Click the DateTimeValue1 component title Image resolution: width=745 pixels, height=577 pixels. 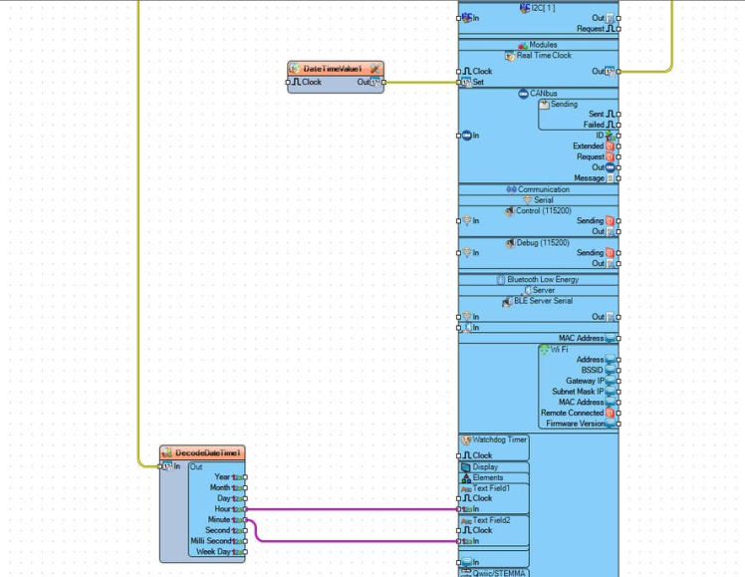coord(333,68)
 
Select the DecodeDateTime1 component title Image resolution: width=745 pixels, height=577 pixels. coord(208,453)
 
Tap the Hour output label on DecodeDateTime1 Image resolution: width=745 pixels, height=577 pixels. coord(222,509)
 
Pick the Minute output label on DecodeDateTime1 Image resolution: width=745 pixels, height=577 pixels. coord(219,520)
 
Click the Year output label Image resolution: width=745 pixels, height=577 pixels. coord(222,477)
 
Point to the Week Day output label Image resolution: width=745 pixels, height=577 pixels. coord(213,551)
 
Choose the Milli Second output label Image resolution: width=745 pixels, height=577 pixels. coord(210,541)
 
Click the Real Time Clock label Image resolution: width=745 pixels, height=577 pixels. coord(543,57)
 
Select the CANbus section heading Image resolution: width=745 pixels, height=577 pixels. coord(543,94)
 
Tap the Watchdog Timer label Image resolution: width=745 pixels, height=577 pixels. coord(499,439)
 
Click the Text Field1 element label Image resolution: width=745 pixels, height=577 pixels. coord(491,487)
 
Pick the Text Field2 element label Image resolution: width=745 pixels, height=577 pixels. coord(491,520)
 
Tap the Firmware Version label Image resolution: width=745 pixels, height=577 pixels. coord(575,424)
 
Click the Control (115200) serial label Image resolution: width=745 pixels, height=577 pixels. coord(543,210)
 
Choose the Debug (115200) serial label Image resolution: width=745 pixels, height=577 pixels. coord(543,242)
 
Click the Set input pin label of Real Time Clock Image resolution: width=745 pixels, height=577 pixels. coord(478,83)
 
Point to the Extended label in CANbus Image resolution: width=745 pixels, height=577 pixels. coord(588,146)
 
